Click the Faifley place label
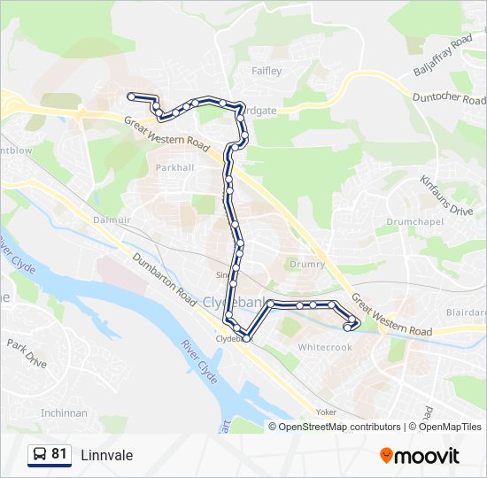[x=267, y=71]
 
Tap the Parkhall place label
[x=174, y=167]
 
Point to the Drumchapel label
[x=410, y=221]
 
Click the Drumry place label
[x=308, y=264]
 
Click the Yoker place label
[x=325, y=412]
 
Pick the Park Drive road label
[x=27, y=352]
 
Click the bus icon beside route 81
[x=39, y=455]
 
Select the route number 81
[x=59, y=455]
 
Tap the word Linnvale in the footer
[x=106, y=455]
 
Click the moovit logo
[x=420, y=456]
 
